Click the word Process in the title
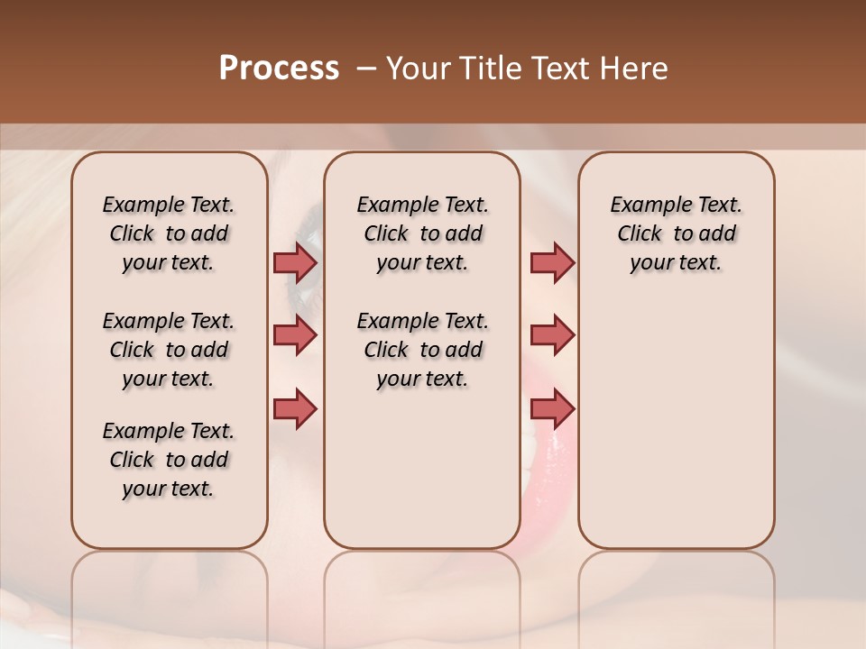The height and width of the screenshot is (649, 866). pos(279,69)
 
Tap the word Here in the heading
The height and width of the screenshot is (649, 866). pos(631,69)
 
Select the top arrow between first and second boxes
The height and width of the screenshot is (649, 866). pos(295,263)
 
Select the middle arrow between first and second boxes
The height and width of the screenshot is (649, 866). pos(295,336)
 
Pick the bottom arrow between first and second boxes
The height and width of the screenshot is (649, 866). pos(295,408)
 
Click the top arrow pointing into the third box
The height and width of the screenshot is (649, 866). pos(552,263)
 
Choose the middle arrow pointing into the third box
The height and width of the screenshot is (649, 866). pos(552,336)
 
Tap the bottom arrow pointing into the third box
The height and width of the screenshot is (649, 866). pos(552,408)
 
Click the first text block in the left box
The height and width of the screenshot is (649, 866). pos(169,233)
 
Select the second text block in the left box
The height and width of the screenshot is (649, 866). pos(169,350)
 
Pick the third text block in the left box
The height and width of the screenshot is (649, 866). pos(169,460)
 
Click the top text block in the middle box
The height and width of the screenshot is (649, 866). pos(422,233)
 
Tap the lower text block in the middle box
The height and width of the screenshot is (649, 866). pos(422,350)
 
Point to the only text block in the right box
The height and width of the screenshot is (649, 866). pos(677,233)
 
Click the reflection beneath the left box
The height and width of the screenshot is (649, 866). pos(169,586)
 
